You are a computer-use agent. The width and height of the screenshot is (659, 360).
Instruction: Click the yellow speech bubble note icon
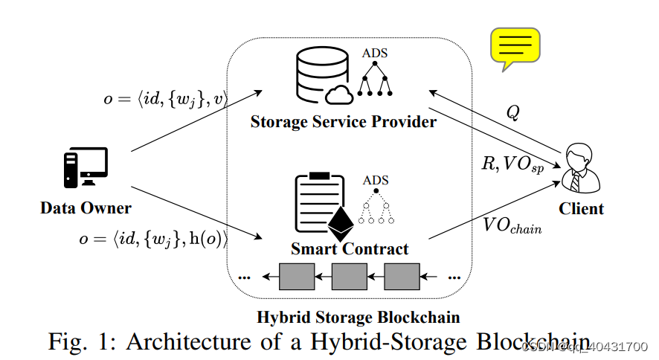coord(513,48)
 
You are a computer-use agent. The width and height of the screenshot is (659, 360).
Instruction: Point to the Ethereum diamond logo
coord(342,222)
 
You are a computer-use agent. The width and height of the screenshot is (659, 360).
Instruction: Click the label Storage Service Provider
coord(343,121)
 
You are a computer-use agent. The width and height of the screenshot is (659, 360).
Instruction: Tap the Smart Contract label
coord(350,249)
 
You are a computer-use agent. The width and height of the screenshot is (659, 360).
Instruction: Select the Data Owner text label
coord(86,208)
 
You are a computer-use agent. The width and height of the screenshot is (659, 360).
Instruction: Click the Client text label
coord(582,208)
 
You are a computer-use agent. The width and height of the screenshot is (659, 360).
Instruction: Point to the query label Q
coord(512,112)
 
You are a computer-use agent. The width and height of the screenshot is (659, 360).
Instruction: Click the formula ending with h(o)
coord(153,239)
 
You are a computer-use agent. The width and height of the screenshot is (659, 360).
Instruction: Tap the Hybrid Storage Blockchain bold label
coord(358,317)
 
